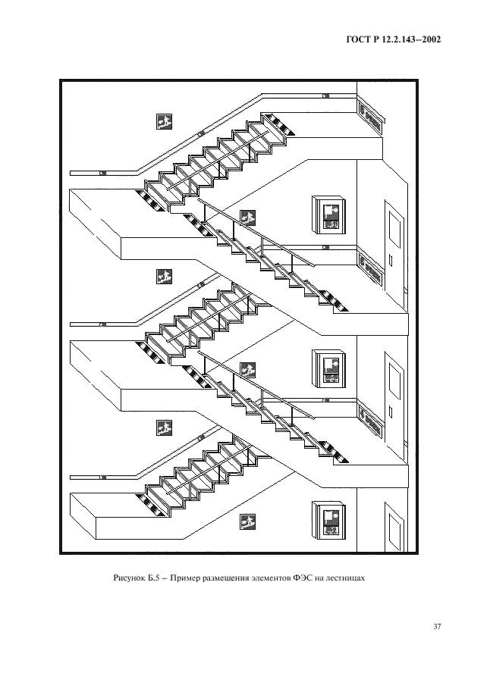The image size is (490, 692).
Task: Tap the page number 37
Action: pyautogui.click(x=437, y=626)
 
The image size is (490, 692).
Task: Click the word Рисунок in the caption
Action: pyautogui.click(x=128, y=578)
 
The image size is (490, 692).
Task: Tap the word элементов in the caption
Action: pyautogui.click(x=267, y=578)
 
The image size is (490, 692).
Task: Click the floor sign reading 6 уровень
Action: pyautogui.click(x=370, y=117)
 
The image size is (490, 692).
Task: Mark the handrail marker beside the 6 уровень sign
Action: pyautogui.click(x=325, y=96)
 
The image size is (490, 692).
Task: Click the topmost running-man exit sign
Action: pyautogui.click(x=164, y=121)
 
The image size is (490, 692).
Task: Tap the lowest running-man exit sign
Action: pyautogui.click(x=247, y=521)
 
